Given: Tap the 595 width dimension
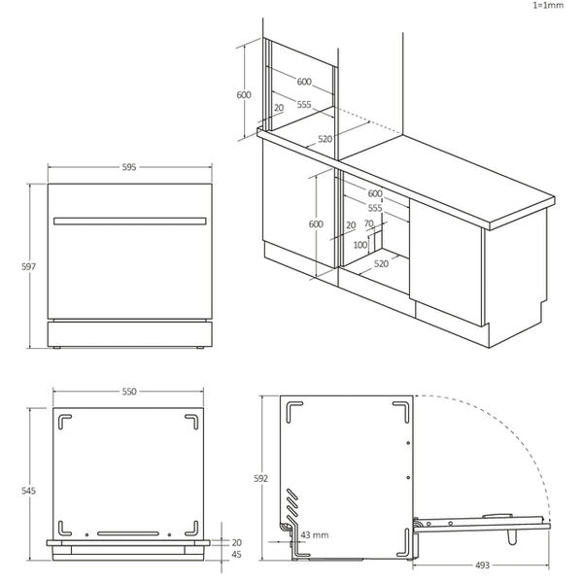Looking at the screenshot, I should (x=129, y=167).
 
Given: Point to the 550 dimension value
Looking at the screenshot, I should (x=129, y=391).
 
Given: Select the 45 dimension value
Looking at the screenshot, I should (x=237, y=556).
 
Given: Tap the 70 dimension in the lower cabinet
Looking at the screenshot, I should (x=369, y=223).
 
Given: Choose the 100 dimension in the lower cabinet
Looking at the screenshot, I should (x=360, y=245).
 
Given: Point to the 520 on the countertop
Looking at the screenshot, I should (x=325, y=139).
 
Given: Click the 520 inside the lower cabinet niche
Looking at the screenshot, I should (x=382, y=263).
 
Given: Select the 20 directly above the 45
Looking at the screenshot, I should (x=237, y=542).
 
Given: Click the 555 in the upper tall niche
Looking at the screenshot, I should (x=304, y=104).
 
